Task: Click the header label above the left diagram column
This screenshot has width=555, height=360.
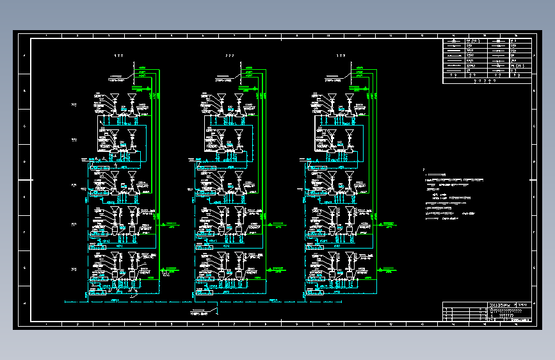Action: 118,56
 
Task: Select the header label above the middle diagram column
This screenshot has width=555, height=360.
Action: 230,56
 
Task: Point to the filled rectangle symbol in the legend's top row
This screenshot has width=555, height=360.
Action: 498,42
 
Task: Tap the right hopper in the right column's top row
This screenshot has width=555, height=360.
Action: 350,98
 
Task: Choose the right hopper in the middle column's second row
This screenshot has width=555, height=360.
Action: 238,135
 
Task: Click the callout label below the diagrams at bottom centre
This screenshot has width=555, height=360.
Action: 200,314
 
